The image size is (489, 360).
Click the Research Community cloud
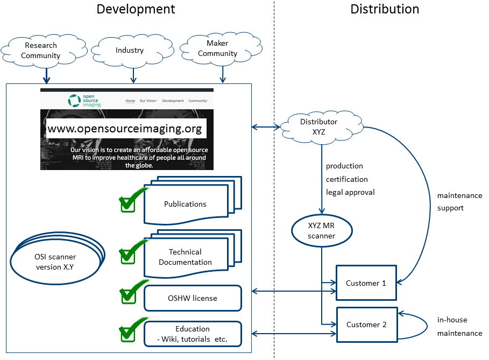click(x=41, y=51)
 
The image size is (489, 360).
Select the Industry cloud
click(x=130, y=51)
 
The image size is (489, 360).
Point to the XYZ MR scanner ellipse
click(x=322, y=231)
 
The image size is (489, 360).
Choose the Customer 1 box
click(x=366, y=283)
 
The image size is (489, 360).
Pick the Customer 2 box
click(x=366, y=324)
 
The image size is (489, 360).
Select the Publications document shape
click(x=185, y=204)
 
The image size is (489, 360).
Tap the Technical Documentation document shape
click(x=186, y=257)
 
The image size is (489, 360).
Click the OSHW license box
click(x=193, y=298)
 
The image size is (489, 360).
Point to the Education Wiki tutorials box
click(x=193, y=334)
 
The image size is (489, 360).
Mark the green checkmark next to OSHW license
click(x=129, y=293)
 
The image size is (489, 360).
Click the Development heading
click(x=136, y=9)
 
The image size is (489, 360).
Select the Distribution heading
click(x=385, y=9)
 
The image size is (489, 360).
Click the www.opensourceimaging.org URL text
click(x=125, y=129)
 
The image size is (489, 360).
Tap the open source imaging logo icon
click(x=74, y=101)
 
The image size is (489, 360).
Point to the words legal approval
click(x=350, y=192)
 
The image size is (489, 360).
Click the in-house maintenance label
click(x=459, y=326)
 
